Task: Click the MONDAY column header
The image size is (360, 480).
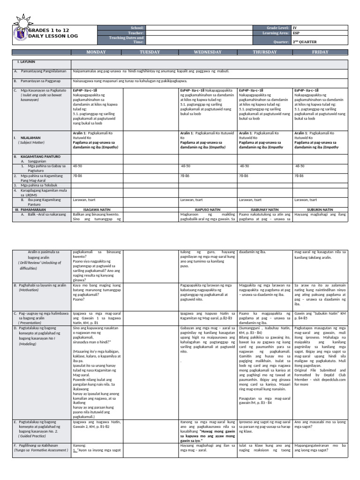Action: click(x=97, y=52)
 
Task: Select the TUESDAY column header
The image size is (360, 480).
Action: click(x=150, y=52)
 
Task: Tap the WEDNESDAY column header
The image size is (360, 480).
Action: click(x=208, y=52)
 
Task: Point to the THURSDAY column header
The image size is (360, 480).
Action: click(x=265, y=52)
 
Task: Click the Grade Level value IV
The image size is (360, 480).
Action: click(x=295, y=28)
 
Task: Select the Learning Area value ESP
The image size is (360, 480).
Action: click(x=296, y=33)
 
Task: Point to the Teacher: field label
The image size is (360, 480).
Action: click(x=138, y=33)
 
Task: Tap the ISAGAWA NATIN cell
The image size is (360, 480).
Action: click(x=97, y=210)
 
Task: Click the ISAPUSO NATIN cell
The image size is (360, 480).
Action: click(x=208, y=210)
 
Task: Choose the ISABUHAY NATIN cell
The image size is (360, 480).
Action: click(x=265, y=210)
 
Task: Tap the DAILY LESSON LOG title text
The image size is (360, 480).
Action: click(x=53, y=36)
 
